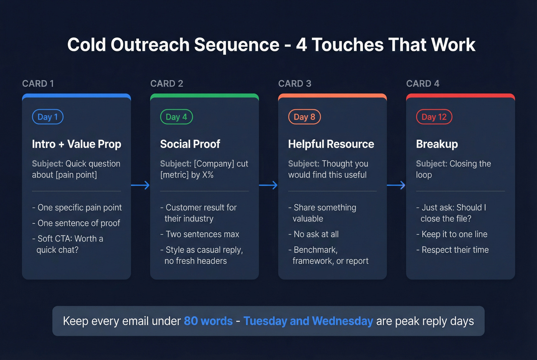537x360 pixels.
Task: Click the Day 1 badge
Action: (48, 117)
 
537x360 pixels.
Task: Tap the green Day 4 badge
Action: (176, 117)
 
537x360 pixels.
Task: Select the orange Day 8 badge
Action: (304, 117)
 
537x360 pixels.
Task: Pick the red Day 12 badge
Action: (434, 117)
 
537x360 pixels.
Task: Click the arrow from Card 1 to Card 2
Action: (140, 186)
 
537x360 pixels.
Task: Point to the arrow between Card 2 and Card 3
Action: (268, 186)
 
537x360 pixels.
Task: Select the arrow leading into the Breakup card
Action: (396, 186)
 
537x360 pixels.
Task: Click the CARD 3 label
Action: (295, 84)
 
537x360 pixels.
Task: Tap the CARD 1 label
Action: (38, 84)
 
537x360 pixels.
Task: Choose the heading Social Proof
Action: (190, 144)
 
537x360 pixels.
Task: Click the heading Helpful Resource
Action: (331, 144)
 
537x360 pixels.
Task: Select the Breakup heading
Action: (437, 144)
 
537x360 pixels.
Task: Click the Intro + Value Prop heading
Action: (77, 144)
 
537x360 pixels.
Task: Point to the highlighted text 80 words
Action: (208, 321)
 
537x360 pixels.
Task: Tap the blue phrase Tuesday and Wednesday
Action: (308, 321)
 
